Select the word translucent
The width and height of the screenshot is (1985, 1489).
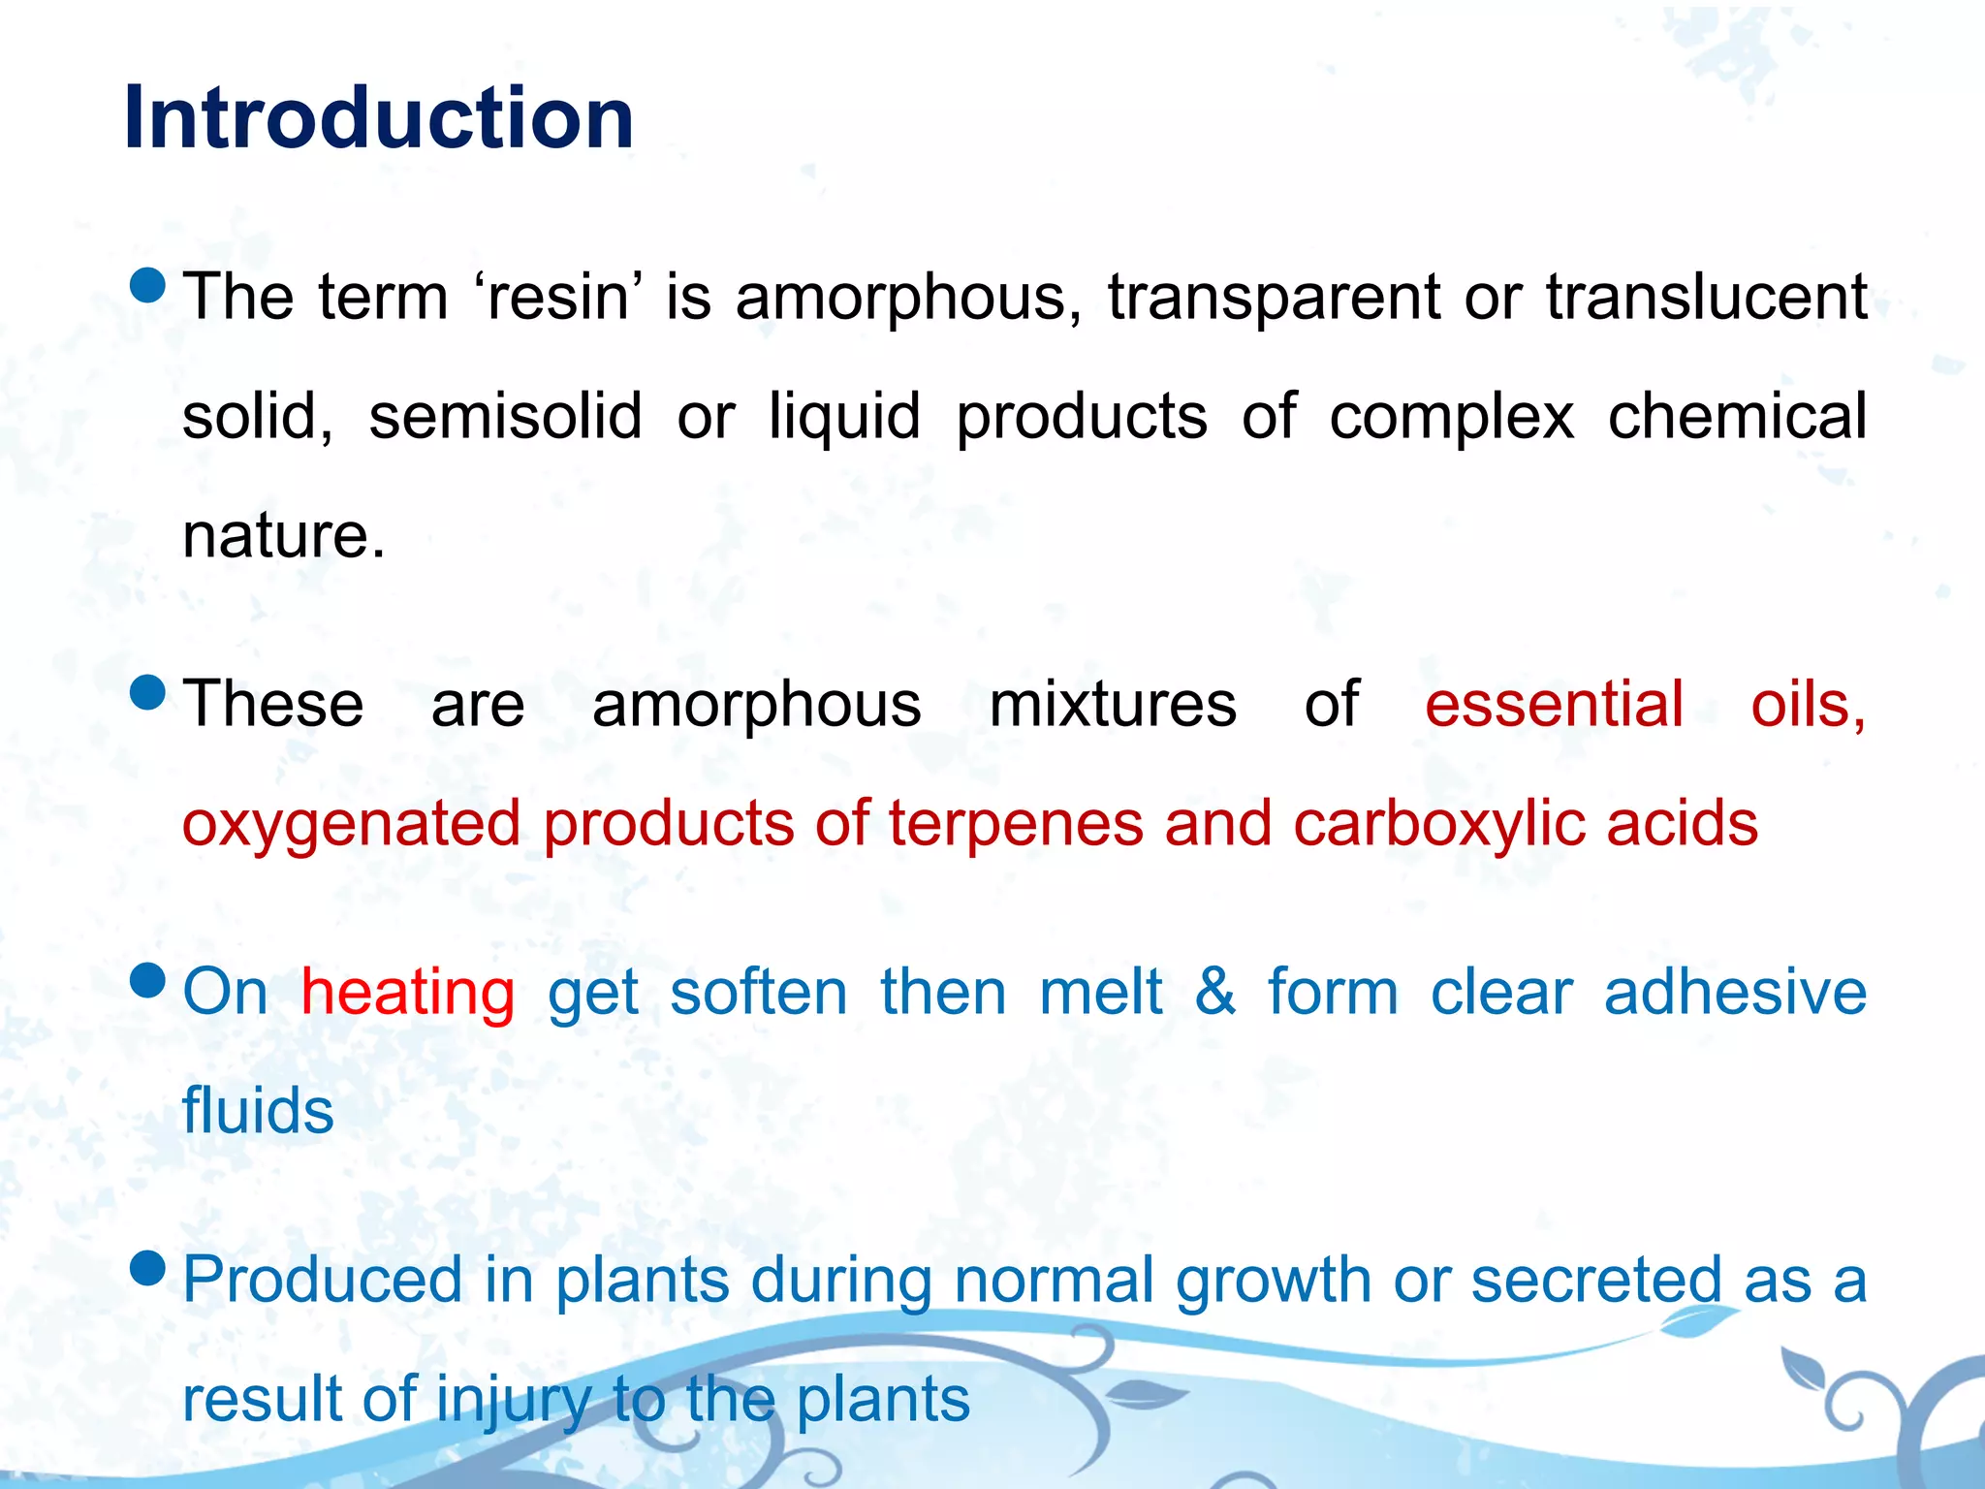1706,297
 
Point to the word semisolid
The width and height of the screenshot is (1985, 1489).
505,417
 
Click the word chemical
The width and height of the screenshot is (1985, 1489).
1737,417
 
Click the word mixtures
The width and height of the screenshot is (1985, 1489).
1112,705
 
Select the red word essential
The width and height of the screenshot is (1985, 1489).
1554,705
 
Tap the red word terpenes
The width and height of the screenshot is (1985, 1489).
1016,825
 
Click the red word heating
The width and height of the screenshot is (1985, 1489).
407,994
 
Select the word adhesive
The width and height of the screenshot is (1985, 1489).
1735,993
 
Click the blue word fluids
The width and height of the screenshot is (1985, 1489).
258,1111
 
